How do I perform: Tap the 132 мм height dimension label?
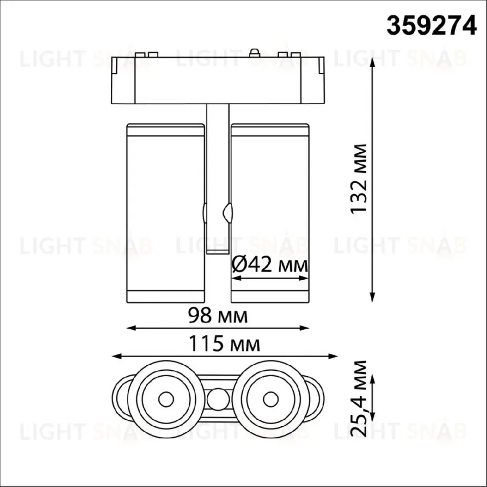tap(359, 179)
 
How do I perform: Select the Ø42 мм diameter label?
tap(270, 265)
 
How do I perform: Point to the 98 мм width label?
tap(218, 316)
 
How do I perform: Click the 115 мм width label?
tap(224, 344)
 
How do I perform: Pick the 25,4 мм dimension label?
tap(359, 399)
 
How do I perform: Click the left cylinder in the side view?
tap(166, 213)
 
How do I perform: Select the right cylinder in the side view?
tap(270, 213)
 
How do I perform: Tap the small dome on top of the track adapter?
tap(255, 52)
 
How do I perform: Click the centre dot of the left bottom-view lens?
tap(166, 399)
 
